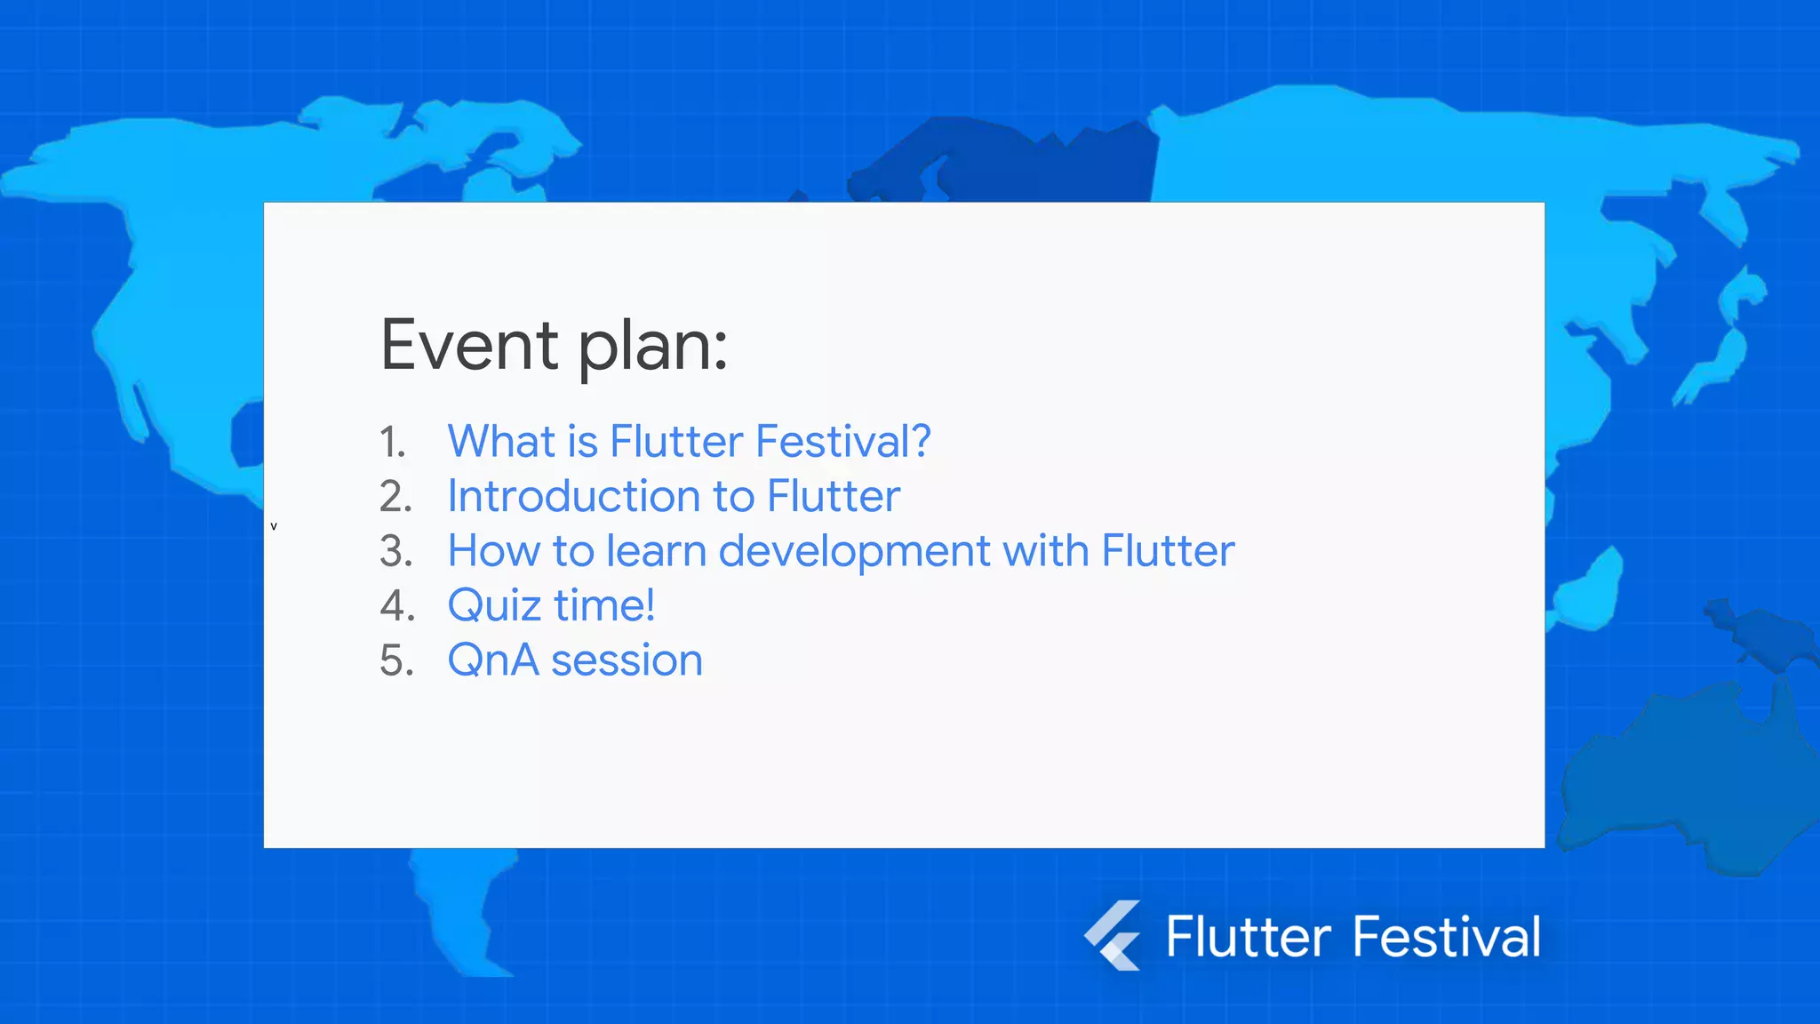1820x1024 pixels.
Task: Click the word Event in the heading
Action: click(x=469, y=346)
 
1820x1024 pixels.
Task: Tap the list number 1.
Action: click(x=392, y=442)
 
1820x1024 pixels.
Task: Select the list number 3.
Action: click(x=395, y=551)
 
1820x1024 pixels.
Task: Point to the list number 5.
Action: click(x=396, y=660)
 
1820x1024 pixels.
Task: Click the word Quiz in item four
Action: click(x=494, y=606)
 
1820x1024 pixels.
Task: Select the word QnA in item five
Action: click(x=493, y=660)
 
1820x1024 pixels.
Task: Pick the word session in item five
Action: click(x=627, y=660)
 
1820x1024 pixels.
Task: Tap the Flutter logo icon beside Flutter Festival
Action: click(x=1113, y=935)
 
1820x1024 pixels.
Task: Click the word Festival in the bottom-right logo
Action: click(x=1446, y=937)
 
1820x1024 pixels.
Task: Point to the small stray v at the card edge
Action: click(x=274, y=526)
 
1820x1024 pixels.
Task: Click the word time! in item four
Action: click(x=604, y=606)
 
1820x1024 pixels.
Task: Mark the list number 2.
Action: click(x=395, y=497)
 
